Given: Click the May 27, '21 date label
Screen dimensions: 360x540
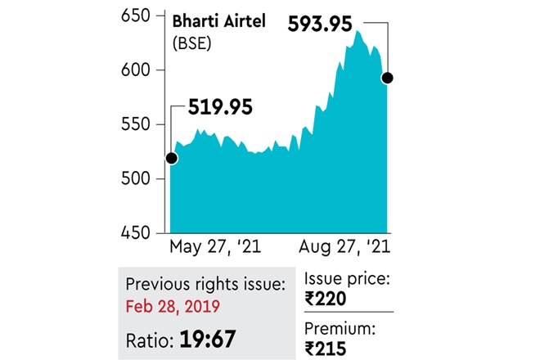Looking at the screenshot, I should pos(208,246).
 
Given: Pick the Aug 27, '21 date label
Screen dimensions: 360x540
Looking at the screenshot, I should pos(344,246).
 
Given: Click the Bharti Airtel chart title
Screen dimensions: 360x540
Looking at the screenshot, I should pos(216,20).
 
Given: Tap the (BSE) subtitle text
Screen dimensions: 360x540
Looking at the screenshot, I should pos(191,43).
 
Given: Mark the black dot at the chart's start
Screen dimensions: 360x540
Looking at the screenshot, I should pos(171,158).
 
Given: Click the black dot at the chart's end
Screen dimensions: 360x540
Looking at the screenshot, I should pos(388,78).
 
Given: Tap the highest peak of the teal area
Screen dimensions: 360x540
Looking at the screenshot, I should pos(358,31).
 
